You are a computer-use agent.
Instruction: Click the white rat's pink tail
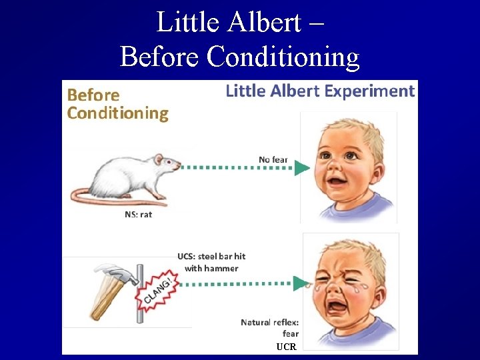[100, 197]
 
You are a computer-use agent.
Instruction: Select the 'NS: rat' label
[139, 215]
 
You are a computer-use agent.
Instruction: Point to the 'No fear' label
[273, 159]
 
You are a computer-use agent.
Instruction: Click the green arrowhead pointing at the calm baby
[302, 167]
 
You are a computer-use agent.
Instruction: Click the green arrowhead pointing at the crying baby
[302, 283]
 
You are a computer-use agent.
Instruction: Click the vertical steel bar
[140, 293]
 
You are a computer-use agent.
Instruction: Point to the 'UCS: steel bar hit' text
[211, 256]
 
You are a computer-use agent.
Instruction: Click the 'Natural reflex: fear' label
[270, 327]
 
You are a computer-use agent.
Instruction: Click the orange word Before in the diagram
[93, 95]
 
